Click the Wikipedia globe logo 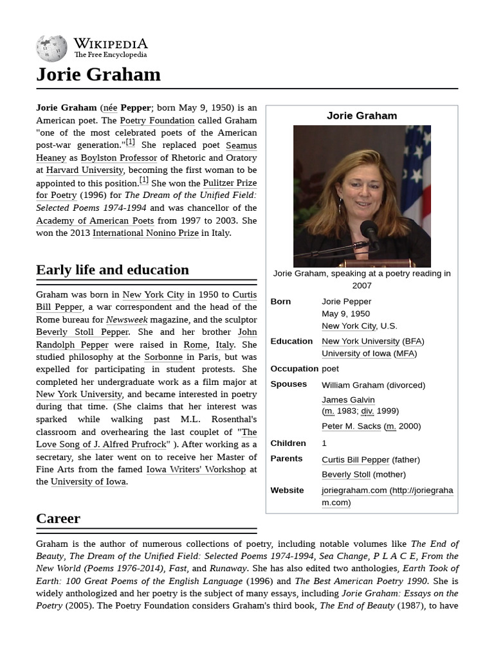51,48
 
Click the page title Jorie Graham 98,75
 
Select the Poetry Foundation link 157,120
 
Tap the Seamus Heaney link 241,145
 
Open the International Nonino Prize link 145,233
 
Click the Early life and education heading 113,270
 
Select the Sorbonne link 163,357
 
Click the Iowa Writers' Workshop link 196,469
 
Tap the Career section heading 59,519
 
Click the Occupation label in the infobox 294,369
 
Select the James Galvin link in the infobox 348,400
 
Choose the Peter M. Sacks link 351,426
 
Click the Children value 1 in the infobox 324,443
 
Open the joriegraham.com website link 354,490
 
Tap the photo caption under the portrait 361,279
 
